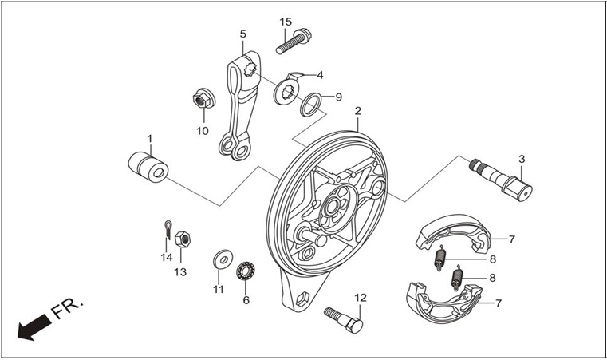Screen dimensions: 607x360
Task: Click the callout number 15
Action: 286,22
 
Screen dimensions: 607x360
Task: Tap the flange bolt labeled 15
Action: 294,41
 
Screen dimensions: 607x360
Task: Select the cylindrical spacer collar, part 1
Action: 148,167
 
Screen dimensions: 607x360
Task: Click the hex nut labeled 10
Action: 204,99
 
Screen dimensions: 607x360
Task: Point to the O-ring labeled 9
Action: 310,105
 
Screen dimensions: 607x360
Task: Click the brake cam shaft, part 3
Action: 501,179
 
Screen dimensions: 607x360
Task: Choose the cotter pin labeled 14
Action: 168,230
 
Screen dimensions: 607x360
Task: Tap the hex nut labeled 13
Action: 183,239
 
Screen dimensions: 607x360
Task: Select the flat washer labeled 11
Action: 223,259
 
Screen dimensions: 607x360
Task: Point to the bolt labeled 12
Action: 343,320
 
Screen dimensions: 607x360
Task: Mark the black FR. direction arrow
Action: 34,327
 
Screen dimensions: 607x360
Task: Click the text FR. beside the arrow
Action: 67,308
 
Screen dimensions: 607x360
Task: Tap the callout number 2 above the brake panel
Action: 357,111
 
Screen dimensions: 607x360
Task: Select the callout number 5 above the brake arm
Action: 242,34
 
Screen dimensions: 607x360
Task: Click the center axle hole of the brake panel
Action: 331,208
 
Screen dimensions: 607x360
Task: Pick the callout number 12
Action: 361,298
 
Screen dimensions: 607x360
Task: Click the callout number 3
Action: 522,159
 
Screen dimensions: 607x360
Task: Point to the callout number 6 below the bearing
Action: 246,300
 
